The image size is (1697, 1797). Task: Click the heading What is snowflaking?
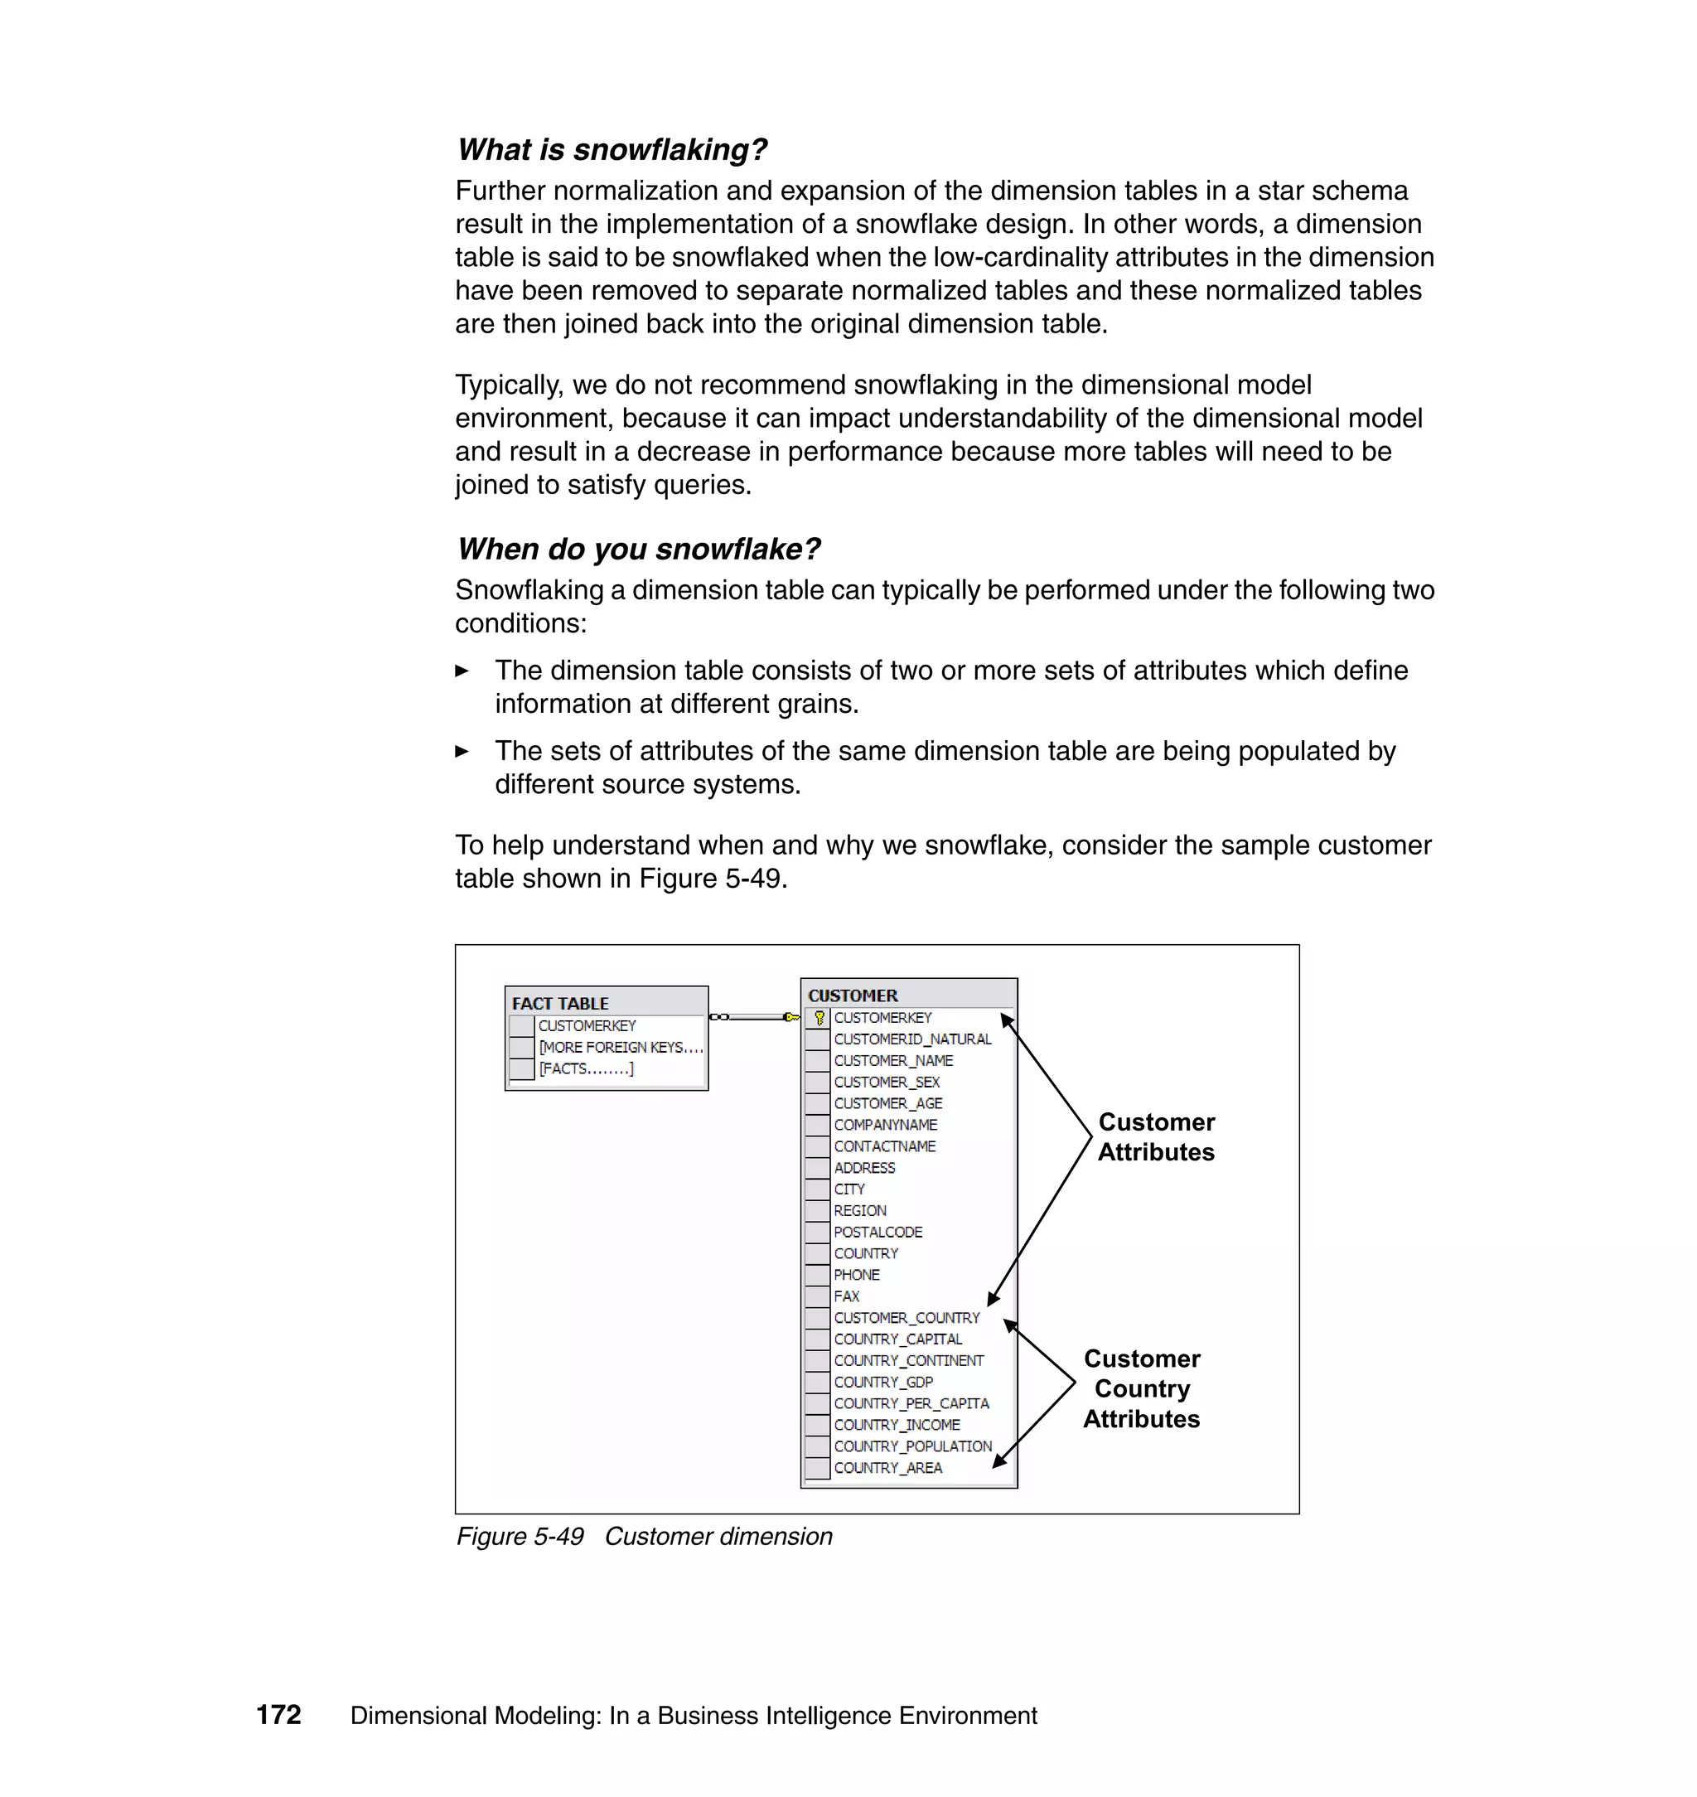pyautogui.click(x=612, y=149)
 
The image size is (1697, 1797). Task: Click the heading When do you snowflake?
pyautogui.click(x=639, y=549)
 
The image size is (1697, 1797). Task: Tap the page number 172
pyautogui.click(x=278, y=1715)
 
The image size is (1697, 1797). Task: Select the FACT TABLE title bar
pyautogui.click(x=605, y=1003)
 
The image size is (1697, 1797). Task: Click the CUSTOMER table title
pyautogui.click(x=852, y=995)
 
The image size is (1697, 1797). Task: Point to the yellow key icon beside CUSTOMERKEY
pyautogui.click(x=819, y=1018)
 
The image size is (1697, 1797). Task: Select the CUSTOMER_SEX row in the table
pyautogui.click(x=887, y=1083)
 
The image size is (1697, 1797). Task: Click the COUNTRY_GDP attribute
pyautogui.click(x=882, y=1382)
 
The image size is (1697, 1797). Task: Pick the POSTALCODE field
pyautogui.click(x=878, y=1233)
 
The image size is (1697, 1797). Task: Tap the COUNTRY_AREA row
pyautogui.click(x=887, y=1468)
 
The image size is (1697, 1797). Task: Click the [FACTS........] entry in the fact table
pyautogui.click(x=586, y=1068)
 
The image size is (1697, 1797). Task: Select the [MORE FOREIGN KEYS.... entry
pyautogui.click(x=621, y=1047)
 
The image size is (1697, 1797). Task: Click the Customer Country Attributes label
pyautogui.click(x=1142, y=1389)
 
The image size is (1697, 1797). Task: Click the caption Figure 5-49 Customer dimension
pyautogui.click(x=644, y=1537)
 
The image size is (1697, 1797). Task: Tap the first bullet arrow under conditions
pyautogui.click(x=462, y=671)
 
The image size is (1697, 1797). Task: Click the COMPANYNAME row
pyautogui.click(x=885, y=1125)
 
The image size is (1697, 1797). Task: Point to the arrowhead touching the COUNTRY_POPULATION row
pyautogui.click(x=998, y=1460)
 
